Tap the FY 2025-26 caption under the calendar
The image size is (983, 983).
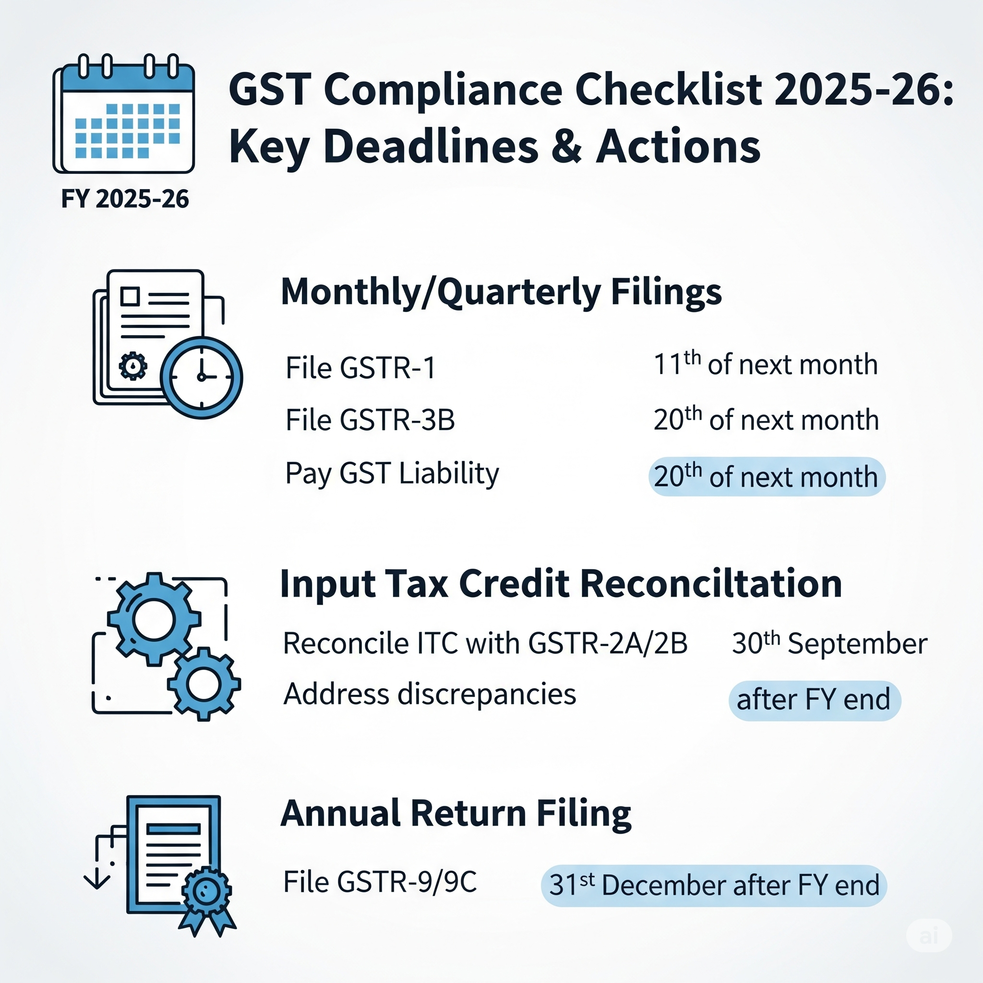coord(125,199)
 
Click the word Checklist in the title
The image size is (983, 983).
coord(669,90)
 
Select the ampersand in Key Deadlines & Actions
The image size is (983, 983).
coord(566,146)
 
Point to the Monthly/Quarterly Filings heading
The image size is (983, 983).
coord(501,292)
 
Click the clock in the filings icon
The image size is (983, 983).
coord(202,378)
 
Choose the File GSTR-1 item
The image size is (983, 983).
coord(360,368)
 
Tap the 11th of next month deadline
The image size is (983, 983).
coord(766,365)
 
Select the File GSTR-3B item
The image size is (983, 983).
coord(370,420)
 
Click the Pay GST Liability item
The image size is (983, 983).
coord(392,473)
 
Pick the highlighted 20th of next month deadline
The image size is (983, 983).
coord(766,477)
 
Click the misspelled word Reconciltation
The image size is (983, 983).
coord(711,584)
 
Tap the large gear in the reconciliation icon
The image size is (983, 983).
coord(154,619)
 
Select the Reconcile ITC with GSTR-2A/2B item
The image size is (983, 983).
coord(485,643)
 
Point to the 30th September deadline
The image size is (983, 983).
coord(829,643)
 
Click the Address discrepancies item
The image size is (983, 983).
coord(430,694)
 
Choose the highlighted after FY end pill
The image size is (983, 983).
coord(814,700)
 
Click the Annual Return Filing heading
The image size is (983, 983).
coord(456,814)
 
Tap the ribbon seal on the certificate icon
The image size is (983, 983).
coord(207,891)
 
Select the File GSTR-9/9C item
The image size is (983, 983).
coord(380,882)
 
